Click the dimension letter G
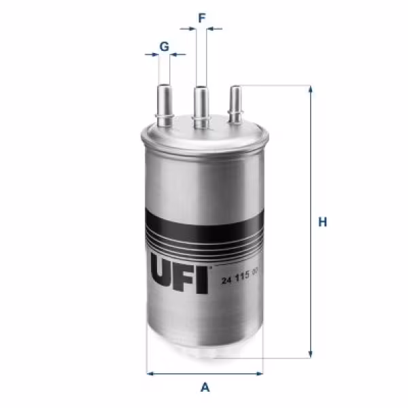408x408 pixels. click(164, 46)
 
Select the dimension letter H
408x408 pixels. click(324, 221)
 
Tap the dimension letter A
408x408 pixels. click(204, 389)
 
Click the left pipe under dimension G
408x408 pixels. click(165, 102)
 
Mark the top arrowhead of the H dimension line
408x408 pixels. click(311, 90)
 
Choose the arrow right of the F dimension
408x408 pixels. click(215, 29)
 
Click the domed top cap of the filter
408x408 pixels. click(204, 133)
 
